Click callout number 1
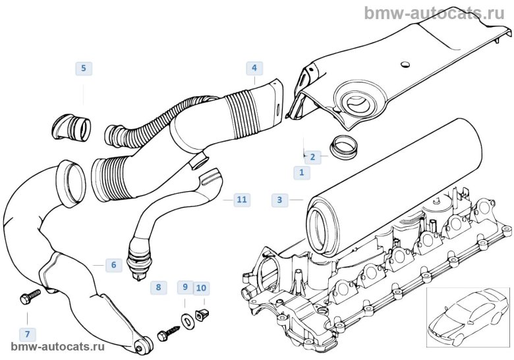coord(301,173)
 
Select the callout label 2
coord(312,157)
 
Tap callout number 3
coord(279,199)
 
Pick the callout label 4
coord(254,68)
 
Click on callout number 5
coord(83,68)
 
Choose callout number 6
coord(113,265)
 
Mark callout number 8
coord(157,287)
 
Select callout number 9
coord(185,287)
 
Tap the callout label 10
coord(202,287)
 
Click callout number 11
coord(242,198)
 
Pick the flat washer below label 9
coord(187,320)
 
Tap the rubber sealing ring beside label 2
coord(342,146)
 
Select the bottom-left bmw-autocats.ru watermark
coord(58,347)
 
